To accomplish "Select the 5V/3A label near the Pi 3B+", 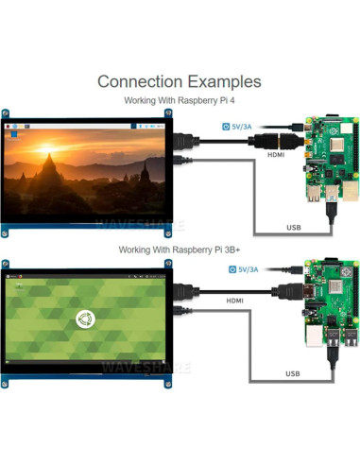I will (x=243, y=269).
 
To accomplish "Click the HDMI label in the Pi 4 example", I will (x=276, y=154).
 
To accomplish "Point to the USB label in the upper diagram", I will (x=294, y=227).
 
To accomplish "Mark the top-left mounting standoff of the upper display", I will (x=7, y=114).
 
